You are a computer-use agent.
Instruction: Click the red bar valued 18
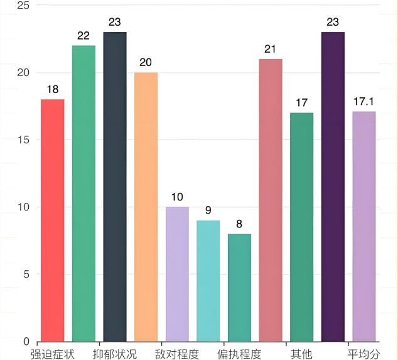tap(53, 220)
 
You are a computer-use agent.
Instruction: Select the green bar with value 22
tap(83, 194)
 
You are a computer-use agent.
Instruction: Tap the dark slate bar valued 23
tap(115, 187)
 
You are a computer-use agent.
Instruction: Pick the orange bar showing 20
tap(146, 207)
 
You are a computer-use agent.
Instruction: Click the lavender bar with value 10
tap(177, 274)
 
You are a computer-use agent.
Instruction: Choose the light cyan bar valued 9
tap(208, 281)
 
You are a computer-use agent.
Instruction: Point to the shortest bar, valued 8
tap(239, 287)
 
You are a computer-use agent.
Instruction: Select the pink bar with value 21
tap(271, 200)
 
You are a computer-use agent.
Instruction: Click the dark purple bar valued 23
tap(333, 187)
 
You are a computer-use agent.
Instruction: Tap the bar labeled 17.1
tap(364, 226)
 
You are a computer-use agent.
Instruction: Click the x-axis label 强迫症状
tap(53, 354)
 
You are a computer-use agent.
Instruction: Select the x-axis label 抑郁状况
tap(115, 354)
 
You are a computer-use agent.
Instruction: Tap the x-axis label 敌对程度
tap(177, 354)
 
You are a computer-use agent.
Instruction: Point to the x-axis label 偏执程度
tap(239, 354)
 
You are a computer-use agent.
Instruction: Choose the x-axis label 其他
tap(301, 354)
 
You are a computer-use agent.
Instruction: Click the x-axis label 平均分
tap(364, 354)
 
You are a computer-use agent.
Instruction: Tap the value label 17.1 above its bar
tap(364, 102)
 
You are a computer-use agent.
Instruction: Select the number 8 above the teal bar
tap(239, 224)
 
